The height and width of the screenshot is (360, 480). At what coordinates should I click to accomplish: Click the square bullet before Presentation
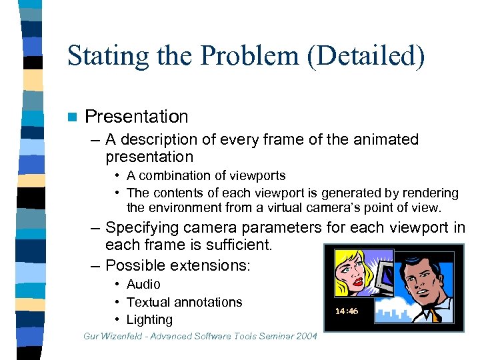[73, 117]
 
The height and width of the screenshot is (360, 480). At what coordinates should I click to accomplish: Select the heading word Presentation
[137, 117]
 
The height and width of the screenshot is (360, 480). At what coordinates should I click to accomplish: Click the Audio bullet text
[143, 285]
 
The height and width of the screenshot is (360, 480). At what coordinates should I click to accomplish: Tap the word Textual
[149, 302]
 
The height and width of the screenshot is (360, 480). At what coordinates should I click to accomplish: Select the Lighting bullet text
[149, 319]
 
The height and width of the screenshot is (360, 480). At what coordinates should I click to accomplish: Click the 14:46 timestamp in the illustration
[347, 311]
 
